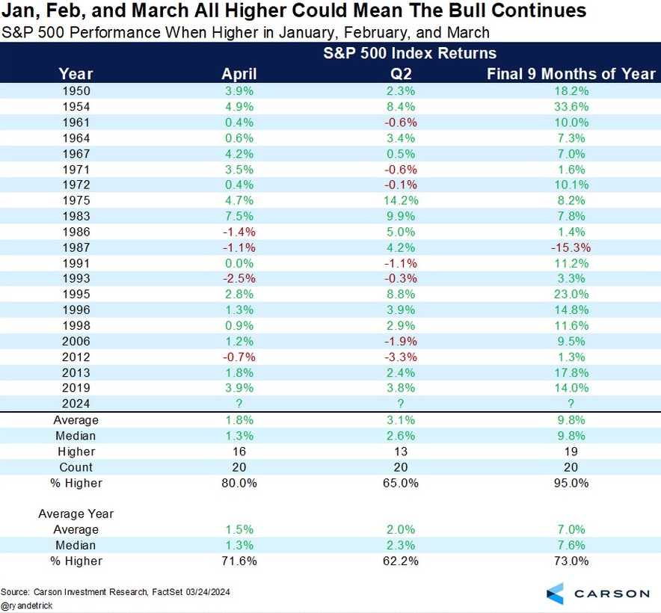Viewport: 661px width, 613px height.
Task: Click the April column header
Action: [x=239, y=73]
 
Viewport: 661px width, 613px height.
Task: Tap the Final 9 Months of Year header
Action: [x=571, y=73]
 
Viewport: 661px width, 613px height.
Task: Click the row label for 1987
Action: [x=76, y=247]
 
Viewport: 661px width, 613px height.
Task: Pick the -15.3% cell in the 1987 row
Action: [x=571, y=247]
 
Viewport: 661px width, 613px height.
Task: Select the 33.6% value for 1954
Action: [x=571, y=106]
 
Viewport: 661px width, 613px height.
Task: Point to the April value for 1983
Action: [x=239, y=215]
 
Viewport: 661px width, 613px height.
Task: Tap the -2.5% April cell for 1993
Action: [x=239, y=278]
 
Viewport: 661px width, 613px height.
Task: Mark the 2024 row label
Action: [x=76, y=404]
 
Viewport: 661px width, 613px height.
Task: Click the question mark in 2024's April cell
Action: [x=239, y=404]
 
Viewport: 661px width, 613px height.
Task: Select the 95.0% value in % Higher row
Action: [x=571, y=483]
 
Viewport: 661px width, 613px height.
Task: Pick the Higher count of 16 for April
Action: [x=239, y=452]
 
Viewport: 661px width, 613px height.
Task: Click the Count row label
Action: [x=76, y=467]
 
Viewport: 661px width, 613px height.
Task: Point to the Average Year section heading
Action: [x=76, y=514]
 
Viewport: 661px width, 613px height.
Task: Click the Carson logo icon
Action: [x=556, y=593]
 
